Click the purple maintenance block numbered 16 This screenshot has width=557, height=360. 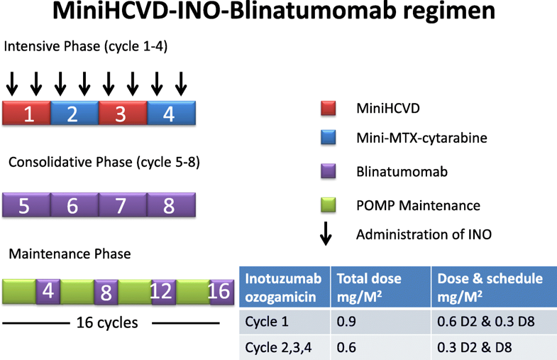221,292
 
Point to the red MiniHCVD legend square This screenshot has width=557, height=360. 327,108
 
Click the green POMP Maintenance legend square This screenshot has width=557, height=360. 327,205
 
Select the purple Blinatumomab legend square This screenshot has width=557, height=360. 327,171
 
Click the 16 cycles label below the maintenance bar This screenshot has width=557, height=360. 106,323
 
